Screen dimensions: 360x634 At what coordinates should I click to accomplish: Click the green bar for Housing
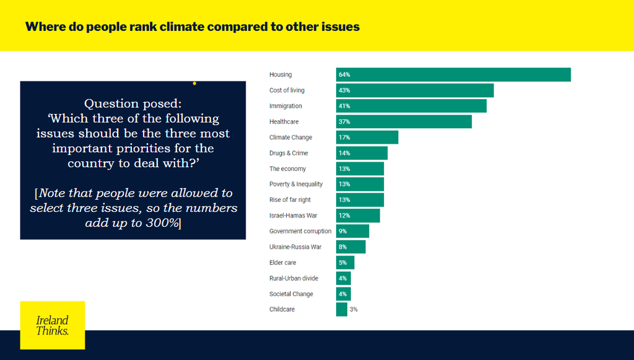click(x=453, y=74)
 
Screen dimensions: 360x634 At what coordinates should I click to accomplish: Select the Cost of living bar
click(x=415, y=90)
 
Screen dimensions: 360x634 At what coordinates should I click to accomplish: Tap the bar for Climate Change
click(x=367, y=137)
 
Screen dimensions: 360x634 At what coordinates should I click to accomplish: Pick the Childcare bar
click(x=342, y=309)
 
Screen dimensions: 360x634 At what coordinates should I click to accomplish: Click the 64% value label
click(x=344, y=75)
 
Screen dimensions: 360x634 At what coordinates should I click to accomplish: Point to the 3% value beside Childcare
click(x=354, y=309)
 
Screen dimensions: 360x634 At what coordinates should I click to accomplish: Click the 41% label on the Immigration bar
click(x=344, y=106)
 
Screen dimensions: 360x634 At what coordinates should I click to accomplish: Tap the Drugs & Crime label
click(x=289, y=153)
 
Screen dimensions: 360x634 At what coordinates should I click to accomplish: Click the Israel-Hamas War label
click(x=293, y=216)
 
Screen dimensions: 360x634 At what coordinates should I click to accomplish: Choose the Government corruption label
click(x=300, y=231)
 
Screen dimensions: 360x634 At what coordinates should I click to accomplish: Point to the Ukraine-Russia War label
click(x=295, y=247)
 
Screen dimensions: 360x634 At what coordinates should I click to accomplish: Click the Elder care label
click(x=283, y=263)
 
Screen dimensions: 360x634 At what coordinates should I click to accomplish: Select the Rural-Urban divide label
click(x=293, y=278)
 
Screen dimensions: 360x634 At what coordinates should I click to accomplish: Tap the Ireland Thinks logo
click(x=53, y=325)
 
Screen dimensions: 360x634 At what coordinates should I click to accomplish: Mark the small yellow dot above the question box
click(x=194, y=83)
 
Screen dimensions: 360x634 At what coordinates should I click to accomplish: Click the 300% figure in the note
click(x=163, y=222)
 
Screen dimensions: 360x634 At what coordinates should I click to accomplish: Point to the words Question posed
click(x=132, y=103)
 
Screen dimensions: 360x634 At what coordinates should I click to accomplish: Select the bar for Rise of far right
click(x=360, y=200)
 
